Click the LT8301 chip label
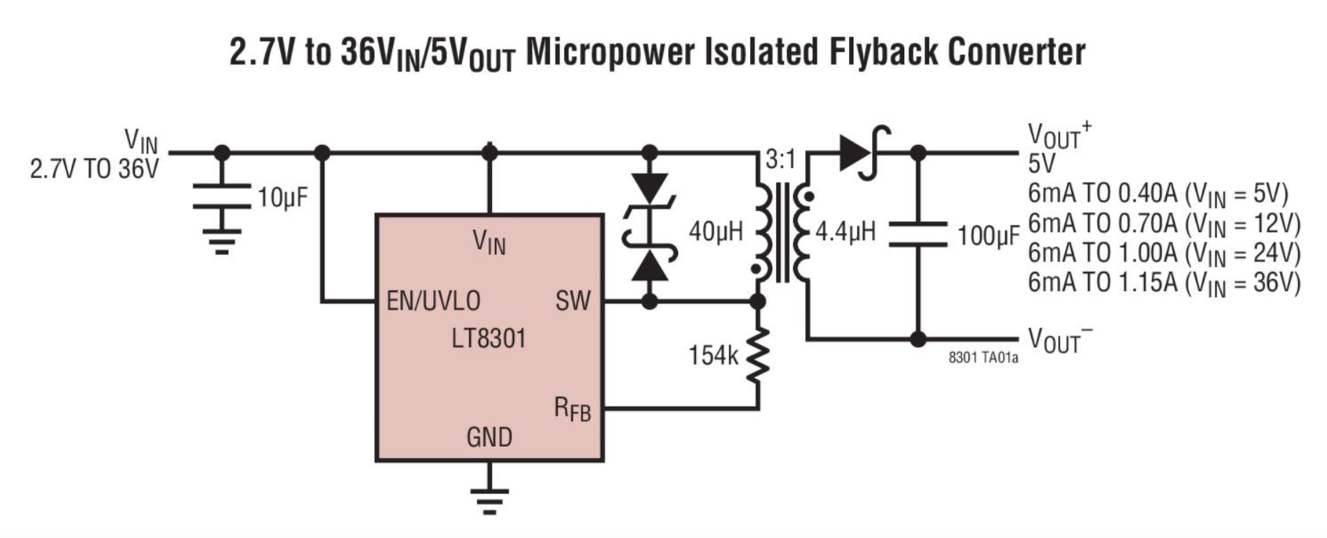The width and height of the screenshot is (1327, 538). (489, 337)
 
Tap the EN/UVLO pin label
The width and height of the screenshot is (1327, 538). (433, 301)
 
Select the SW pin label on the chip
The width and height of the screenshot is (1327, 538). (573, 301)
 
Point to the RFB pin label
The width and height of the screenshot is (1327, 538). (572, 409)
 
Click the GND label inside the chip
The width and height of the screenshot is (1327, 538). (489, 437)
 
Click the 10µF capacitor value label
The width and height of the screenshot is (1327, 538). (283, 198)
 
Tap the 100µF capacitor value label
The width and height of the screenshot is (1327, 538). (988, 235)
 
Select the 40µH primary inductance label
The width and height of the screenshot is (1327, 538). (716, 231)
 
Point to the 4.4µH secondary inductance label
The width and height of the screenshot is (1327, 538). (845, 231)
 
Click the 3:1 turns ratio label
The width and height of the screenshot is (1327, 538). (780, 160)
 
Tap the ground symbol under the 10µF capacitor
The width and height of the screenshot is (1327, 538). (222, 241)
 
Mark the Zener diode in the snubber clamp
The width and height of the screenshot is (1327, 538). (650, 226)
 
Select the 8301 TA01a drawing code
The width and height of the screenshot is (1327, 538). (983, 357)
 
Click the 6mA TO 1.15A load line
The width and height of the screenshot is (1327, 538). (1164, 283)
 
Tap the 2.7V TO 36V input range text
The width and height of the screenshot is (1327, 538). (94, 169)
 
